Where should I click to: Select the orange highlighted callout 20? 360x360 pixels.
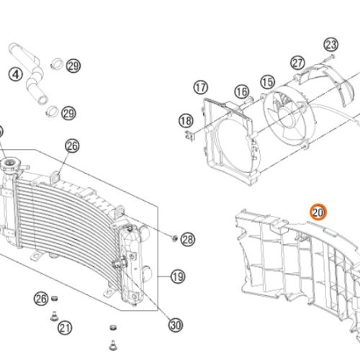(x=318, y=212)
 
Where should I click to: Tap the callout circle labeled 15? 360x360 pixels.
(x=267, y=83)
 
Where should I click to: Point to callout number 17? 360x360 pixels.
(x=200, y=88)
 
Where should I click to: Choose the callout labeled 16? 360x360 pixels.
(x=240, y=91)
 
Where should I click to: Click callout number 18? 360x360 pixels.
(x=186, y=120)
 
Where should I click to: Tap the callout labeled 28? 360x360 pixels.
(x=188, y=238)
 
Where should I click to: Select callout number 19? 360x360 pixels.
(x=178, y=276)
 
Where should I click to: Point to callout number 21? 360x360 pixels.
(x=66, y=328)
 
